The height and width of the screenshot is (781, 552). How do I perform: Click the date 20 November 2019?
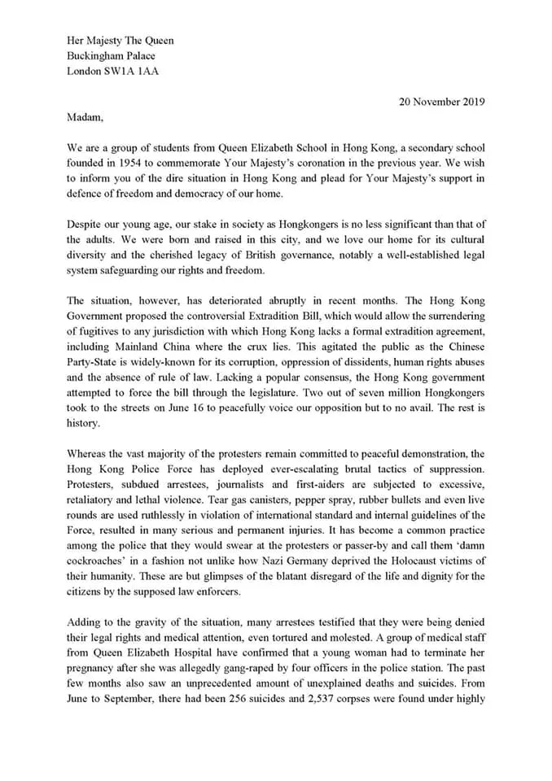pyautogui.click(x=441, y=102)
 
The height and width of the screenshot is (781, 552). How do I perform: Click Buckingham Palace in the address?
pyautogui.click(x=111, y=56)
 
